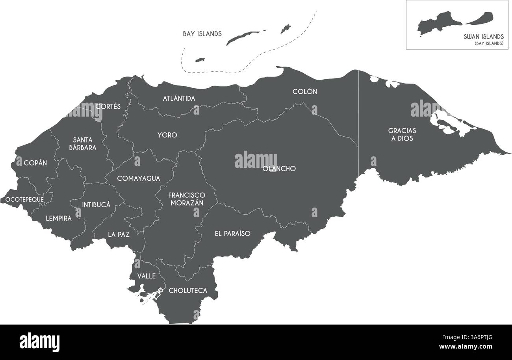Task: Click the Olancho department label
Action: pos(279,169)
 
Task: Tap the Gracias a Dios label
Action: pos(402,134)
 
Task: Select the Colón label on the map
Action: pos(305,91)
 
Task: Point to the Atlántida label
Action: pos(179,98)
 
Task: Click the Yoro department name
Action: pos(167,135)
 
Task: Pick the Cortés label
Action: pos(108,106)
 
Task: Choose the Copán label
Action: pos(35,163)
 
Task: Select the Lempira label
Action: pos(59,218)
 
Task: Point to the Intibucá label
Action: pos(96,204)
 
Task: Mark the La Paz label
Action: pos(119,234)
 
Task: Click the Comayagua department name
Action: pos(139,178)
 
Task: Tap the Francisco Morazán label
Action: pos(187,199)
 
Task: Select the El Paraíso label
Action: pos(232,233)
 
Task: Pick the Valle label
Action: pos(146,276)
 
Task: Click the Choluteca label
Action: pos(188,291)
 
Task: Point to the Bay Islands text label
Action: pos(202,34)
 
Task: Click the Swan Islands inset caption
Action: pos(484,36)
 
